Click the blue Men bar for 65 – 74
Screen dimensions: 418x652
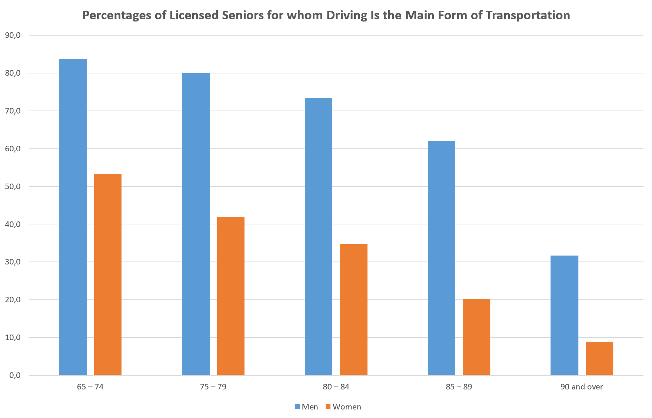(x=73, y=217)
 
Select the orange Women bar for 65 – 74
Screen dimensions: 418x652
(x=108, y=274)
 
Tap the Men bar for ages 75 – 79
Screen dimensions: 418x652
(x=196, y=224)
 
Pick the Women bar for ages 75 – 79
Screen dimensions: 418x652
(x=230, y=296)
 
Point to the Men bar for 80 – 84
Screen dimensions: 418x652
(x=319, y=236)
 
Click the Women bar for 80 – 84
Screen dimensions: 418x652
(x=353, y=309)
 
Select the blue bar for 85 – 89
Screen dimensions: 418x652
(x=441, y=258)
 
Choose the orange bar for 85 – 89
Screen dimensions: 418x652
(x=476, y=337)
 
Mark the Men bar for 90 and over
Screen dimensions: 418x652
(x=564, y=315)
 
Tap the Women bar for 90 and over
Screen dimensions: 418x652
(x=599, y=358)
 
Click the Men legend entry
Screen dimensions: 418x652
(x=306, y=407)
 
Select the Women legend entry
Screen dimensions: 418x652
(x=343, y=407)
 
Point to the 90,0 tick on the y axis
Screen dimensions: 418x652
(x=13, y=35)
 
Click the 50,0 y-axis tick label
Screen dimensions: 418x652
(x=13, y=187)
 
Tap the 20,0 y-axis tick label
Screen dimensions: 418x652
(x=13, y=300)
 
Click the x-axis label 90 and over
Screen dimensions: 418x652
(x=581, y=387)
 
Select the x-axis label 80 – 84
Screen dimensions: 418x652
(x=336, y=387)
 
